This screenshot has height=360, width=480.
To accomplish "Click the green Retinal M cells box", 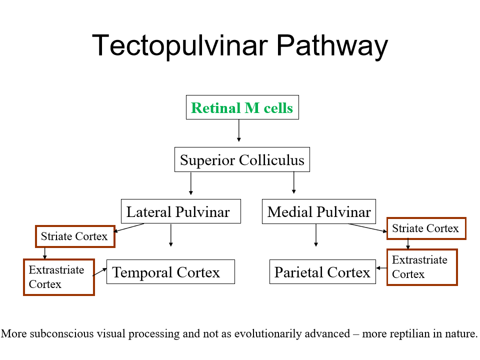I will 242,107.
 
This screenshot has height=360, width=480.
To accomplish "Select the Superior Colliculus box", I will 242,160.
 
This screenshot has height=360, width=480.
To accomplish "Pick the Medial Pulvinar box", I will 319,211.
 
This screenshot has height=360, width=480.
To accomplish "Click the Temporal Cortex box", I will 170,272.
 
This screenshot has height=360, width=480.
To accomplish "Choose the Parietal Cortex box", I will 322,272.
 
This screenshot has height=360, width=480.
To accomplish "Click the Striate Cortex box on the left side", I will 74,236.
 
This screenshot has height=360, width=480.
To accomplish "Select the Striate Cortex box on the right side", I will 425,228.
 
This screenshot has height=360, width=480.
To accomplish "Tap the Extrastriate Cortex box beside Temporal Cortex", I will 58,277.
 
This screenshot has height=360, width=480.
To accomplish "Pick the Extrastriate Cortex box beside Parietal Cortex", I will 421,267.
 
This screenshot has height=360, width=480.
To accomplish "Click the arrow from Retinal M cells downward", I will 239,131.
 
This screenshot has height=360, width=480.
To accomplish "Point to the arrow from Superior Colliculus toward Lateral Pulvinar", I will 190,183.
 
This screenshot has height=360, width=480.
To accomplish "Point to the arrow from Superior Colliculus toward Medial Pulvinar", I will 293,182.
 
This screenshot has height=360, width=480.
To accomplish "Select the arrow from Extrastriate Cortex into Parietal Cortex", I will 381,268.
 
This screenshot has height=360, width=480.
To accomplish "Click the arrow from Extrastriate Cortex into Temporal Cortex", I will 100,271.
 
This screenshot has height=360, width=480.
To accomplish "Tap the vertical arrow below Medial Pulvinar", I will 315,235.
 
